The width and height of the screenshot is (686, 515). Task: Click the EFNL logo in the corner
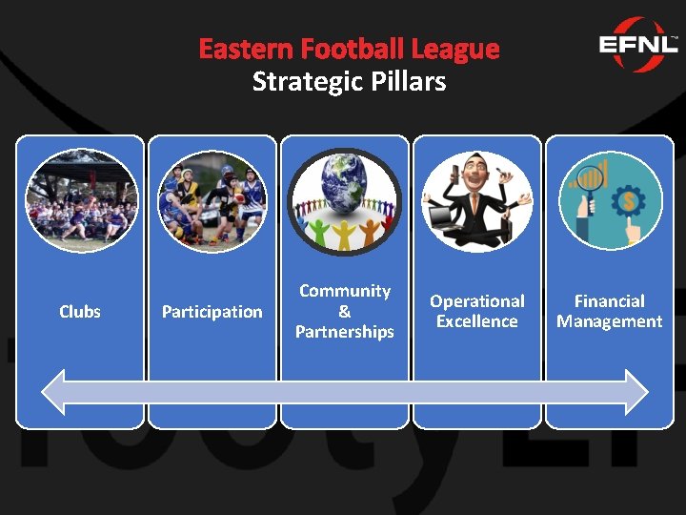tap(637, 45)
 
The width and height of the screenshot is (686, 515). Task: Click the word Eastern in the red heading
tap(245, 49)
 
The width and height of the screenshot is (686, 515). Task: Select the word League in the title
tap(455, 49)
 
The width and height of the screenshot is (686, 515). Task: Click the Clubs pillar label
tap(80, 312)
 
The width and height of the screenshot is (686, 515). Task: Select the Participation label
tap(212, 312)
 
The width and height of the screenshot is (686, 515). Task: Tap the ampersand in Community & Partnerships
tap(344, 312)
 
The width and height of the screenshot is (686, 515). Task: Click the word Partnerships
tap(344, 332)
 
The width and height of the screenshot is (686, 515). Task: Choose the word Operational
tap(476, 301)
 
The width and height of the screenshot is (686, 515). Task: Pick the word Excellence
tap(476, 321)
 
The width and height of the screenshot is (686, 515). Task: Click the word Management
tap(609, 321)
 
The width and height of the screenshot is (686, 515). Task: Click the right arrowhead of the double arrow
tap(636, 391)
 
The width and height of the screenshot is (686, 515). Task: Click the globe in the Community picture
tap(343, 185)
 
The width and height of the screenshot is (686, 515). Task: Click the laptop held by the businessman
tap(443, 219)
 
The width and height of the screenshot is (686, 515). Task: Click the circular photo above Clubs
tap(81, 200)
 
